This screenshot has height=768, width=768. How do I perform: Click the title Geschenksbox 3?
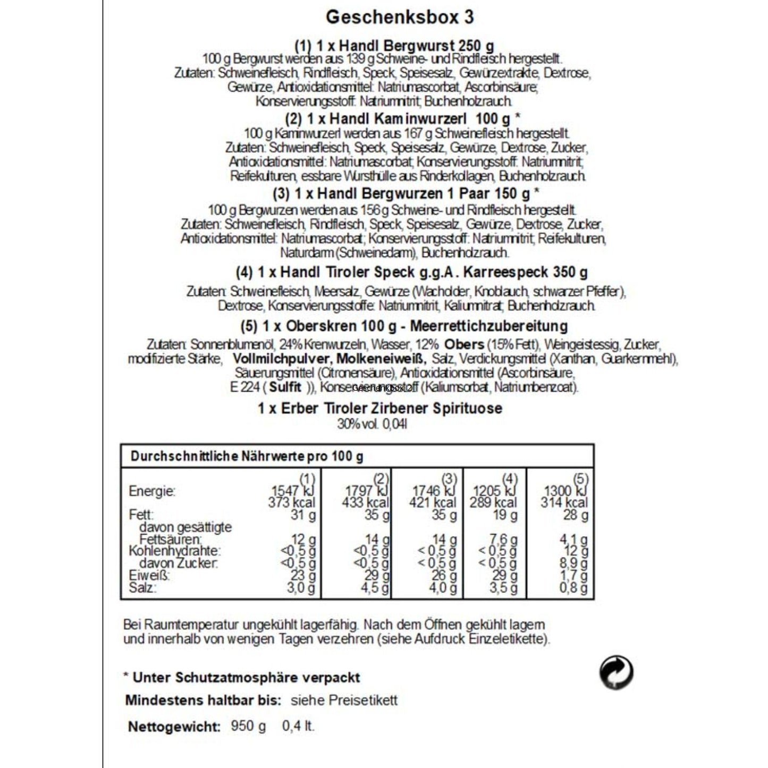tap(399, 17)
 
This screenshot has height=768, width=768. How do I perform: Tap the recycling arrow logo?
tap(616, 672)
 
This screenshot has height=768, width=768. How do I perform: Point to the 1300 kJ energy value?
tap(566, 490)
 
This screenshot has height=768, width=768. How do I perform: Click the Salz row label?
tap(142, 588)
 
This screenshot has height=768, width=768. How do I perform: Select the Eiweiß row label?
tap(149, 576)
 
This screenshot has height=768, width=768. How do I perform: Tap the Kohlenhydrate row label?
tap(174, 551)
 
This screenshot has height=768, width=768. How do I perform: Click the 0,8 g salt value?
tap(573, 588)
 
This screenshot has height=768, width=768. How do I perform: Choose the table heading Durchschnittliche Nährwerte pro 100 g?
tap(247, 457)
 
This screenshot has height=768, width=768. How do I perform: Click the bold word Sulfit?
tap(285, 387)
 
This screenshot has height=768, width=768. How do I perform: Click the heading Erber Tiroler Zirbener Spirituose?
tap(380, 408)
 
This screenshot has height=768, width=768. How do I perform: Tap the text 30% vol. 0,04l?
tap(372, 424)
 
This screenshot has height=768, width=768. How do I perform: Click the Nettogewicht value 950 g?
tap(248, 726)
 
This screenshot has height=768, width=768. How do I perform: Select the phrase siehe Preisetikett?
tap(344, 700)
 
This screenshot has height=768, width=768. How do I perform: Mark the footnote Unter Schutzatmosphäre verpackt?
tap(246, 678)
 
